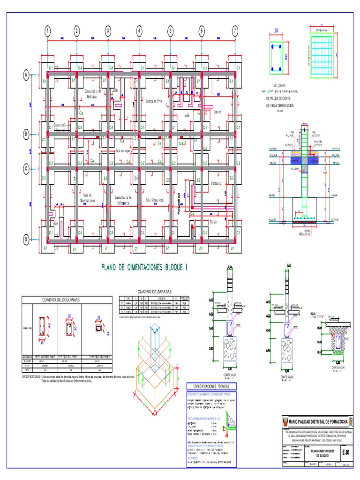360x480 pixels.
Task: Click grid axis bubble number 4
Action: [x=139, y=31]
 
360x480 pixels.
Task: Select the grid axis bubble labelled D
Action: [x=26, y=240]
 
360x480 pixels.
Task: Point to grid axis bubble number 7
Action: [x=234, y=31]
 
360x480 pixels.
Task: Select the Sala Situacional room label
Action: [x=155, y=200]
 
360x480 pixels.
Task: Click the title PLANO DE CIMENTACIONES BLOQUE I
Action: [x=144, y=267]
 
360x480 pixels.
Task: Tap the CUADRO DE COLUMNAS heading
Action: [x=61, y=299]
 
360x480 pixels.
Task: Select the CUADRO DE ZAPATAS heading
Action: [x=154, y=291]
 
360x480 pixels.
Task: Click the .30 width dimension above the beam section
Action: [x=275, y=31]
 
